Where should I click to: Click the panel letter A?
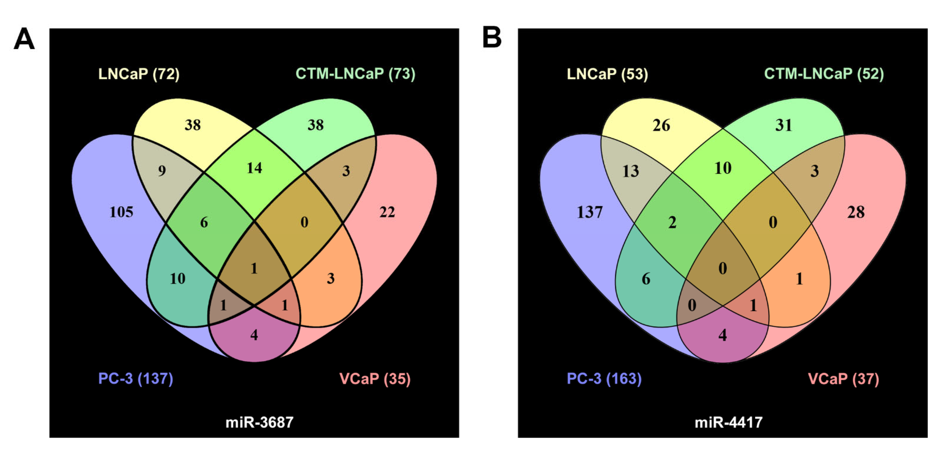pos(24,39)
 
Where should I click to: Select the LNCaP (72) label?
pos(139,74)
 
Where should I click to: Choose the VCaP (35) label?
pos(375,379)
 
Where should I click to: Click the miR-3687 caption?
pos(259,423)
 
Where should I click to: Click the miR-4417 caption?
pos(728,423)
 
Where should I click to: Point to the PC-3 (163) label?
pos(604,378)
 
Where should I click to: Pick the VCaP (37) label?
pos(843,379)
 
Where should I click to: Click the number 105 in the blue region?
pos(121,212)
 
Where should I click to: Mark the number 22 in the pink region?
pos(387,212)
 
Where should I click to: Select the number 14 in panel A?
pos(254,168)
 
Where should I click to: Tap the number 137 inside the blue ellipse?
pos(589,212)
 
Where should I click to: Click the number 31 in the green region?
pos(784,125)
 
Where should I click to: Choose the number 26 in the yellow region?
pos(661,125)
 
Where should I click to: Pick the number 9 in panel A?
pos(162,171)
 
